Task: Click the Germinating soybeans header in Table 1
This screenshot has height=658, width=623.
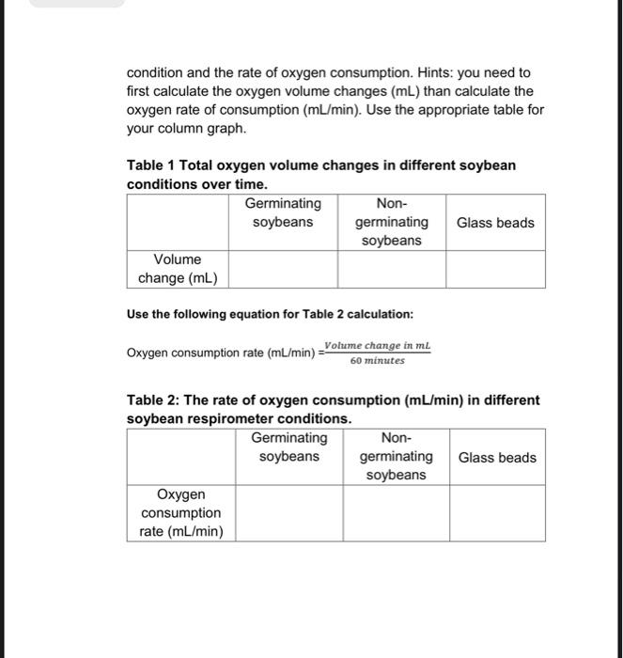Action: [x=283, y=212]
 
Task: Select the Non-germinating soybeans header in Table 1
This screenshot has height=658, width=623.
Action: [x=391, y=222]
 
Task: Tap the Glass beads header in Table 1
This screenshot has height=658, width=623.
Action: [x=495, y=223]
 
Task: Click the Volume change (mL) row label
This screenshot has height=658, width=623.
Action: [x=178, y=269]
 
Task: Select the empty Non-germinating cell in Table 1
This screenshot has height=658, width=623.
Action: [x=391, y=269]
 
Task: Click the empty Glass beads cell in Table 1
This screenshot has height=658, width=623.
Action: [x=495, y=269]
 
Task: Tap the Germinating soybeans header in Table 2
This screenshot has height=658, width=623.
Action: [x=289, y=447]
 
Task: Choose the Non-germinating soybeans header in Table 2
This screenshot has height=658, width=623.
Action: [x=396, y=457]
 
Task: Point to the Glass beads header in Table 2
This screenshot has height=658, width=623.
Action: [x=497, y=458]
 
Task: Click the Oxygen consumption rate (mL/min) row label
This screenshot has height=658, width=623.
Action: [x=181, y=513]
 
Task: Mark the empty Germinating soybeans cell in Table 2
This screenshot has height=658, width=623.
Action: [x=289, y=513]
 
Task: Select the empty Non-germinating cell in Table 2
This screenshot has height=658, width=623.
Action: [x=396, y=513]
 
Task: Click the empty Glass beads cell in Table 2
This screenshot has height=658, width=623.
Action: [x=497, y=513]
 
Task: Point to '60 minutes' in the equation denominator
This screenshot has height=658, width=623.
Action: [x=377, y=360]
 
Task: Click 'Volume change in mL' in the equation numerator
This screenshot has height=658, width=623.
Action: [x=377, y=345]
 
